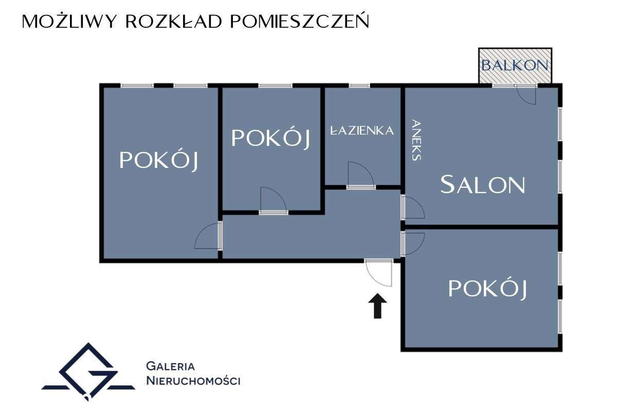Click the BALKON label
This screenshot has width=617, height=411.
click(515, 66)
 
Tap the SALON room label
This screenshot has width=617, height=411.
click(483, 184)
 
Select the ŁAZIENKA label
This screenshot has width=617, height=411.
click(362, 130)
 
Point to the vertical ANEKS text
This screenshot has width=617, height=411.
click(416, 140)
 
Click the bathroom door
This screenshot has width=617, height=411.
click(360, 176)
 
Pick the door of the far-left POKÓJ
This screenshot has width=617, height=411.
click(208, 236)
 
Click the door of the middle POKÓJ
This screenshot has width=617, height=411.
click(273, 200)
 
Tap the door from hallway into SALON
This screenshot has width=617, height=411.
click(412, 208)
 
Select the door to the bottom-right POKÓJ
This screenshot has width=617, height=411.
click(413, 243)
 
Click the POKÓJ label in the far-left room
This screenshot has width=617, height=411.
click(159, 160)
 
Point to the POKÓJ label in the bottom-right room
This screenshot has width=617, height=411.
click(487, 289)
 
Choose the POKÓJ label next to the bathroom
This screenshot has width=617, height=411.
click(271, 138)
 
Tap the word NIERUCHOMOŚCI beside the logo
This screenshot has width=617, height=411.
click(193, 381)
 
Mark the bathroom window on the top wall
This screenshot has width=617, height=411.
click(359, 85)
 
